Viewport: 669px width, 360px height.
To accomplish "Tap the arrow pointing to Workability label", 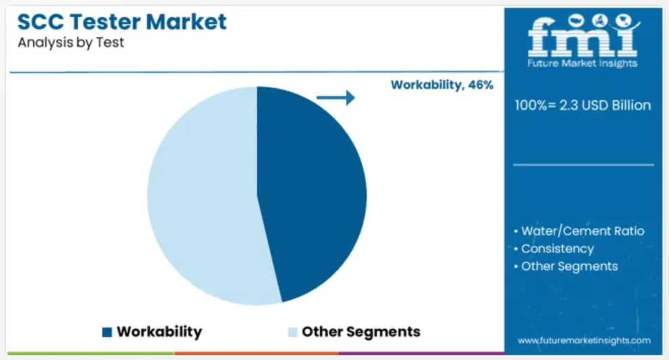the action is [x=336, y=98].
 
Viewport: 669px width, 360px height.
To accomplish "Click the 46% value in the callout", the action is [x=481, y=85].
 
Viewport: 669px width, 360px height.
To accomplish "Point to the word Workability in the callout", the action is [x=427, y=85].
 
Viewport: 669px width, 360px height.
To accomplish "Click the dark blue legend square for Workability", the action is [x=107, y=332].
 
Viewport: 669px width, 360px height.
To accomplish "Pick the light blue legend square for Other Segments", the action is [x=293, y=332].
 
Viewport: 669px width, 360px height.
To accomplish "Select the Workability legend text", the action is [x=159, y=332].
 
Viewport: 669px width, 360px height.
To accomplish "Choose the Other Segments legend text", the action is [x=361, y=332].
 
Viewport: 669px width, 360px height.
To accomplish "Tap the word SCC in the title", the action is [x=41, y=22].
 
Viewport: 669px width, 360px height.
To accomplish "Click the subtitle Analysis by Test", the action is [x=70, y=43].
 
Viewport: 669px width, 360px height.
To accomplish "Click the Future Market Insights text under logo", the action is [x=582, y=64].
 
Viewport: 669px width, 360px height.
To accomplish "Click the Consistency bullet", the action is [x=554, y=249].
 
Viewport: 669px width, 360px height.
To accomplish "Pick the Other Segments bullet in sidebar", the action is [x=566, y=266].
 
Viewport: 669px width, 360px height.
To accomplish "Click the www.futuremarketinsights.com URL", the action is [x=584, y=340].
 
